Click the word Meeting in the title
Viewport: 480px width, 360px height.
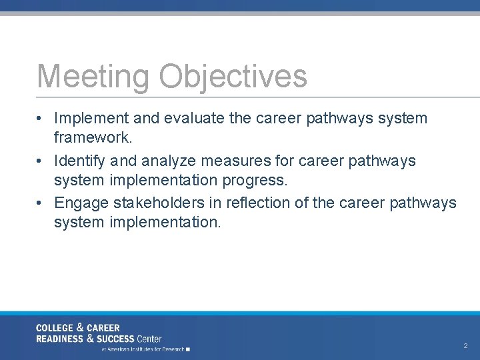click(94, 76)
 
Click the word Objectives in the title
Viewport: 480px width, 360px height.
click(233, 76)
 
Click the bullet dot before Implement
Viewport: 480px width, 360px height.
click(41, 119)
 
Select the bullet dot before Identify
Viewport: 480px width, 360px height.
click(41, 161)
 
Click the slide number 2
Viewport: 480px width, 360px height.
click(465, 346)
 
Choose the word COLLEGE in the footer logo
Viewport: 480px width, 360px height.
click(55, 328)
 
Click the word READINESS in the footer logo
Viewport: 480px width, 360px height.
click(60, 339)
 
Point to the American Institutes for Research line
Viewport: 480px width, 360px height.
click(144, 349)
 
